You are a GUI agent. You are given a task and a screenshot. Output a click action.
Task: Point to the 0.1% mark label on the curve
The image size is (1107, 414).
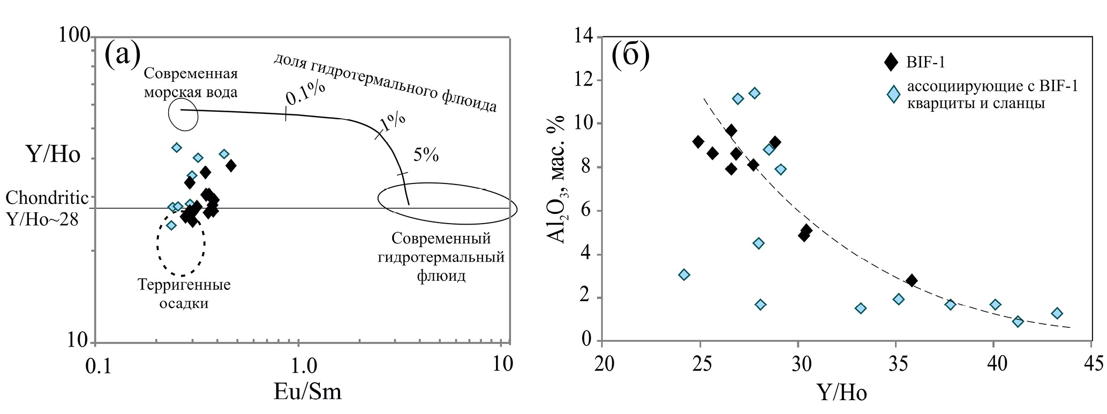point(305,94)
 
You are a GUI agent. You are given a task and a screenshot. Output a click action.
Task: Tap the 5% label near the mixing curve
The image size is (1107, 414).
point(426,155)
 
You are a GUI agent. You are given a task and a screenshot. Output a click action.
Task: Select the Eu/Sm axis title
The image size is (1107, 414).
point(307,392)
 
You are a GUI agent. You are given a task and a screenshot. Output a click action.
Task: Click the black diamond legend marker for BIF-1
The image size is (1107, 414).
point(891,62)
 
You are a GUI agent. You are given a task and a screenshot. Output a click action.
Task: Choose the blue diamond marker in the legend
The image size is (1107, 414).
point(893,94)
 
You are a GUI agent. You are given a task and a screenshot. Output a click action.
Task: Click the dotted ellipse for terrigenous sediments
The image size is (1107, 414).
point(181,242)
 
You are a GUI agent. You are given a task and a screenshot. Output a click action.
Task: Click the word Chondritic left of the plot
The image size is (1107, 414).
point(47,198)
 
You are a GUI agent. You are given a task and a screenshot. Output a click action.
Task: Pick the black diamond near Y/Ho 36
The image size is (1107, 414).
point(912,280)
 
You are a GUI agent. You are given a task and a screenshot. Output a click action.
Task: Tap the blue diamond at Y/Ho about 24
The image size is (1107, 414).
point(684,274)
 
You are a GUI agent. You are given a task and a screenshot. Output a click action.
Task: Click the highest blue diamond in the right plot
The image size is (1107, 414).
point(754,93)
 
